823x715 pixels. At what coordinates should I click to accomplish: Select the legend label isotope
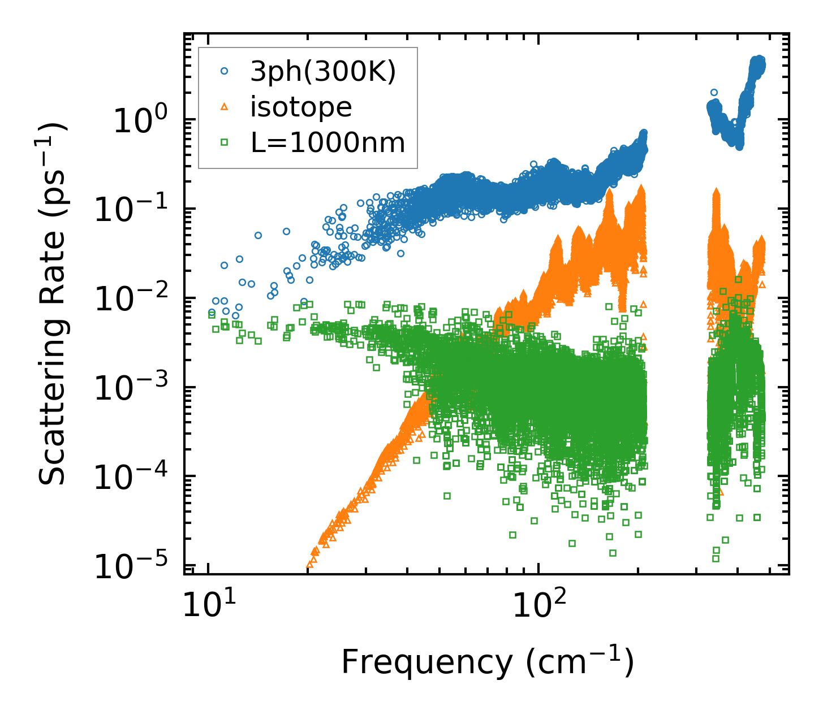tap(301, 107)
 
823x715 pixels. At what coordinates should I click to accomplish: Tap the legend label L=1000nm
tap(328, 143)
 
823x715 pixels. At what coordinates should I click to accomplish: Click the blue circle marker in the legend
tap(225, 71)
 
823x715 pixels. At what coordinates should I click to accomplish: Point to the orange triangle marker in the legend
tap(225, 106)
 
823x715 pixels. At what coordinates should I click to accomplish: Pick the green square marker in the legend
tap(225, 142)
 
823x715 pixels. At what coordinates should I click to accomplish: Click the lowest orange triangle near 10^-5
tap(309, 564)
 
